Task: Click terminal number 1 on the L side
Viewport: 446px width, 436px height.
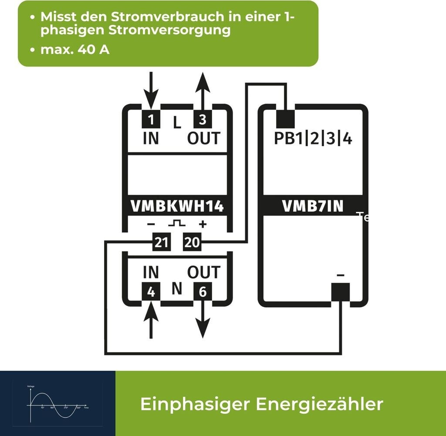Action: pyautogui.click(x=151, y=119)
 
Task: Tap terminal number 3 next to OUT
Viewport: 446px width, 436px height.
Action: pyautogui.click(x=203, y=119)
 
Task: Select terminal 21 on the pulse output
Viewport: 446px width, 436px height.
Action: pyautogui.click(x=161, y=242)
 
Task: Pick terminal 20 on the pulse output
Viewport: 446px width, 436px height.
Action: pyautogui.click(x=192, y=242)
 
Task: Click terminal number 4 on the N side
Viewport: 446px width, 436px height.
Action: pyautogui.click(x=151, y=292)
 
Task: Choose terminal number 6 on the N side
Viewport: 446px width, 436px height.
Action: pyautogui.click(x=203, y=292)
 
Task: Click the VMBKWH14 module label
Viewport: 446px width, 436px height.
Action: pyautogui.click(x=177, y=206)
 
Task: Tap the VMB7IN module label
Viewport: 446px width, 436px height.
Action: pyautogui.click(x=313, y=206)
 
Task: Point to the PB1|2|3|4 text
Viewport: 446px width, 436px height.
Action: pyautogui.click(x=313, y=138)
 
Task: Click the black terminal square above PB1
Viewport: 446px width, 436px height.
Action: pyautogui.click(x=286, y=115)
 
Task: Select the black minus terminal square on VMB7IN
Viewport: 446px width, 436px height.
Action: pyautogui.click(x=341, y=292)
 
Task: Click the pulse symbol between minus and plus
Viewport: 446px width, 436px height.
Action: pyautogui.click(x=177, y=224)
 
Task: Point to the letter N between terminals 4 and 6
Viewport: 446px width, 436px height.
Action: pyautogui.click(x=176, y=288)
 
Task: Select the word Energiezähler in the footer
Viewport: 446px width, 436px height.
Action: pyautogui.click(x=319, y=404)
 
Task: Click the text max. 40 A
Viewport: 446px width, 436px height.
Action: pyautogui.click(x=74, y=50)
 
